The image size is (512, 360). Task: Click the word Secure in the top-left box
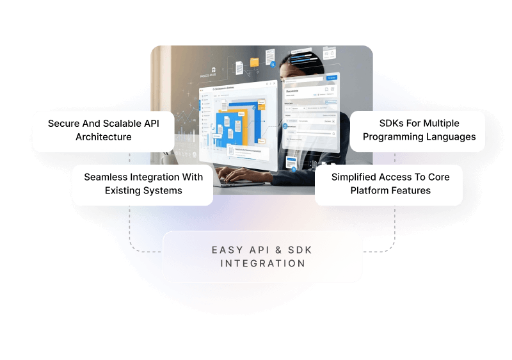64,123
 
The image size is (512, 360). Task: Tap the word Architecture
103,137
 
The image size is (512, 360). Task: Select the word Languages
451,136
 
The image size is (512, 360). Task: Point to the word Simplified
356,177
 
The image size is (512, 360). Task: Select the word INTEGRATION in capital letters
262,263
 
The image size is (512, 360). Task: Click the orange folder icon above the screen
254,62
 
